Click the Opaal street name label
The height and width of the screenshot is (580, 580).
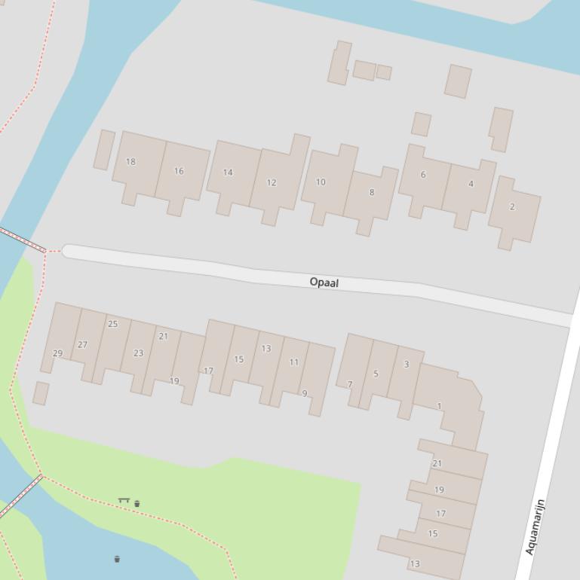(324, 282)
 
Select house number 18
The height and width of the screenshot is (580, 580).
(130, 161)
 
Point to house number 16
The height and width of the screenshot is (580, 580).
(179, 171)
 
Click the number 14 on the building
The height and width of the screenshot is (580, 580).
(228, 172)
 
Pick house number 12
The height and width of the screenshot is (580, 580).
(272, 182)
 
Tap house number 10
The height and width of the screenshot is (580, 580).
(321, 182)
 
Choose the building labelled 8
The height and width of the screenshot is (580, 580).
(371, 192)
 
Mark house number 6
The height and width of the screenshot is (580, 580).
(423, 175)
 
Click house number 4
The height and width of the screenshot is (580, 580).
(471, 184)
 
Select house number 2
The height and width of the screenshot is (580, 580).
(512, 206)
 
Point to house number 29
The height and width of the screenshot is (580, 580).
(58, 353)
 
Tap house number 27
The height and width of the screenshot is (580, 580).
(82, 345)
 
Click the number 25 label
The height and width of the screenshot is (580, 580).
(113, 324)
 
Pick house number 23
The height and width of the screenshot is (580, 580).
(138, 353)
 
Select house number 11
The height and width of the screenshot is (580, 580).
(294, 362)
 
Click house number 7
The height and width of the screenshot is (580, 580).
(350, 384)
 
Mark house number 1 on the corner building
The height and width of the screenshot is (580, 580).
(439, 406)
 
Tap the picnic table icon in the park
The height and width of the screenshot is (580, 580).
(124, 500)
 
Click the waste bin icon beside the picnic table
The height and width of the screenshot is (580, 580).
(137, 503)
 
